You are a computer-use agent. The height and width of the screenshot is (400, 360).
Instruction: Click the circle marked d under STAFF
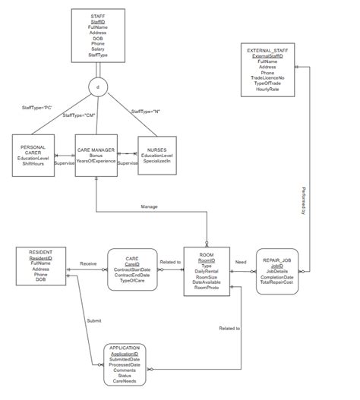click(x=98, y=87)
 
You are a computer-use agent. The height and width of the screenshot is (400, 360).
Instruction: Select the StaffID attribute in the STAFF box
click(x=98, y=22)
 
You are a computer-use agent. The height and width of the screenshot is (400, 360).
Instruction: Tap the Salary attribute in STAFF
click(x=98, y=49)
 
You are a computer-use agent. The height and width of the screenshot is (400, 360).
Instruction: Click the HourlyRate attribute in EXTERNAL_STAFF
click(x=267, y=89)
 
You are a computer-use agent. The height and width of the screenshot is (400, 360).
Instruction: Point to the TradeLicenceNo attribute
click(x=267, y=77)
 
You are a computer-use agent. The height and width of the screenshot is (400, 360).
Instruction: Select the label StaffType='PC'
click(x=36, y=109)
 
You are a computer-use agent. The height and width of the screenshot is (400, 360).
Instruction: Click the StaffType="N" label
click(x=146, y=112)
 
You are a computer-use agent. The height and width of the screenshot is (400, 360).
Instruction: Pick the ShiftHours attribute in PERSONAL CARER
click(x=33, y=163)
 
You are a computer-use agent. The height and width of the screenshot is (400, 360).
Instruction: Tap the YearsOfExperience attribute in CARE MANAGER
click(x=96, y=161)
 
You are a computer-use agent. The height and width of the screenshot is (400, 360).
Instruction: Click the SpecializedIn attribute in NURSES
click(x=157, y=161)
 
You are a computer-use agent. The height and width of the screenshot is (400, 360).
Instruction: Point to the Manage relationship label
click(x=150, y=206)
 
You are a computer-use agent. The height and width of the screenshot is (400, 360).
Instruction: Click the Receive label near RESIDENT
click(x=89, y=263)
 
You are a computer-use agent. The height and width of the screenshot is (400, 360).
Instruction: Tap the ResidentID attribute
click(x=41, y=258)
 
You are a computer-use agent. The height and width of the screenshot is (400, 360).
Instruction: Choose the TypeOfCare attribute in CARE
click(x=132, y=281)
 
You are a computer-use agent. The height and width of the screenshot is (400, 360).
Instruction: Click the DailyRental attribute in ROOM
click(x=207, y=271)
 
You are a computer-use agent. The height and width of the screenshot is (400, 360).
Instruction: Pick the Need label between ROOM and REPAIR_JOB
click(x=241, y=263)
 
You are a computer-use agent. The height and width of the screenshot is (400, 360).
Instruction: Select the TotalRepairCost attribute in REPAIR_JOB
click(x=277, y=282)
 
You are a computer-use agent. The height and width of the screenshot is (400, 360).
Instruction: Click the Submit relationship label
click(x=93, y=321)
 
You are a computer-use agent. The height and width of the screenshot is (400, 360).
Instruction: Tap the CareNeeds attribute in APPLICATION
click(x=125, y=381)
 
